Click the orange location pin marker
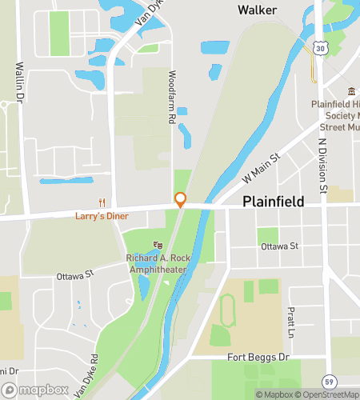[181, 200]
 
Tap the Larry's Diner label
[103, 214]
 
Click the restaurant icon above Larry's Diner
[102, 202]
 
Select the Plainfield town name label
[273, 202]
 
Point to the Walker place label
[257, 10]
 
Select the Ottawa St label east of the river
[279, 246]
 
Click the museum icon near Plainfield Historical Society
[350, 93]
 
